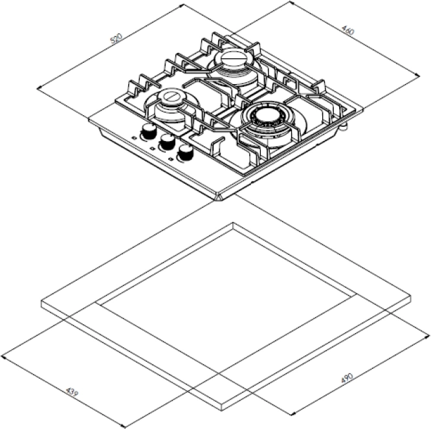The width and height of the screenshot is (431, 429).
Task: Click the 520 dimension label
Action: click(x=116, y=39)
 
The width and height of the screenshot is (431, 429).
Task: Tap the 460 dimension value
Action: click(x=348, y=30)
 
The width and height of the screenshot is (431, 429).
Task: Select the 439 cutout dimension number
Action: click(x=72, y=392)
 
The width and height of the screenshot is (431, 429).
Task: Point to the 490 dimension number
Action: click(x=347, y=378)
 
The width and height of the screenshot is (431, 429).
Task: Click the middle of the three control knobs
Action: click(x=168, y=141)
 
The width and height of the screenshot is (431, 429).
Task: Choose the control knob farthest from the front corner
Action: click(x=149, y=131)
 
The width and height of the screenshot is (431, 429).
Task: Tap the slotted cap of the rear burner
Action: click(x=232, y=58)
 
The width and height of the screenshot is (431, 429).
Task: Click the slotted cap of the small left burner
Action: click(x=171, y=97)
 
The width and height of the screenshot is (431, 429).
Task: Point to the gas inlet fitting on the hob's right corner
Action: click(x=344, y=126)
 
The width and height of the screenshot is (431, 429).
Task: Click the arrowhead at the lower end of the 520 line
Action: click(x=38, y=88)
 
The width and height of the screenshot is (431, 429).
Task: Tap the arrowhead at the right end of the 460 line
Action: click(x=418, y=75)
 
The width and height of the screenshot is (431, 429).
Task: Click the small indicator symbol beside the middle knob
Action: click(x=151, y=149)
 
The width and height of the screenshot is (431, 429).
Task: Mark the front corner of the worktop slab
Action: click(x=223, y=406)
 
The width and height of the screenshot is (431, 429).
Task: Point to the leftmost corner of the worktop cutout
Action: click(x=96, y=303)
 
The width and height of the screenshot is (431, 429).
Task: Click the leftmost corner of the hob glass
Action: click(x=89, y=120)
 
